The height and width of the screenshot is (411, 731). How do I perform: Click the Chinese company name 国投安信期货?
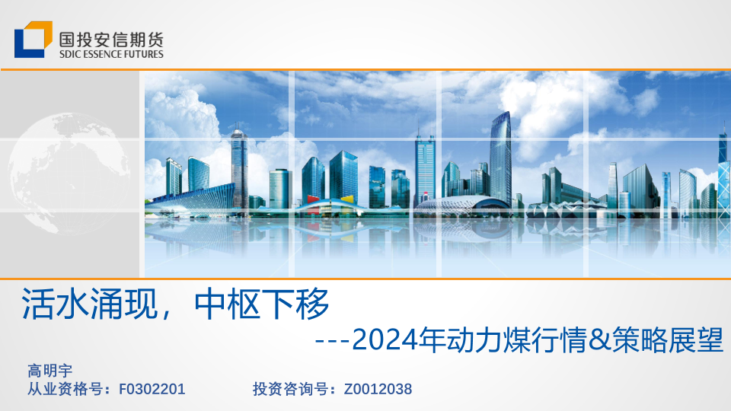coord(111,39)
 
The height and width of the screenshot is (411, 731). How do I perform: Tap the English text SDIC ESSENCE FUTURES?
coord(111,54)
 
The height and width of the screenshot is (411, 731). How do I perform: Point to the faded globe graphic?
coord(69,174)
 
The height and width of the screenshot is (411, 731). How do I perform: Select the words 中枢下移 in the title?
coord(262,304)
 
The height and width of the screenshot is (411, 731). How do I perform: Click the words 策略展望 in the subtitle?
coord(668,339)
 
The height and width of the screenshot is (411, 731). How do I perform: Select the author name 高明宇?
coord(50,371)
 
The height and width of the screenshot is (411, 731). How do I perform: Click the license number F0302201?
coord(152,389)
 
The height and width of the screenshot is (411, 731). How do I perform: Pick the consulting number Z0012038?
coord(378,389)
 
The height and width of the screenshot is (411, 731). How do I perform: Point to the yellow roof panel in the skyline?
coord(347,199)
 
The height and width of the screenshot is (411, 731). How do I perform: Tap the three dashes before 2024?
coord(333,342)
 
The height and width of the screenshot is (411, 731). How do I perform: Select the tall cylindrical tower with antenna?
coord(239,167)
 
